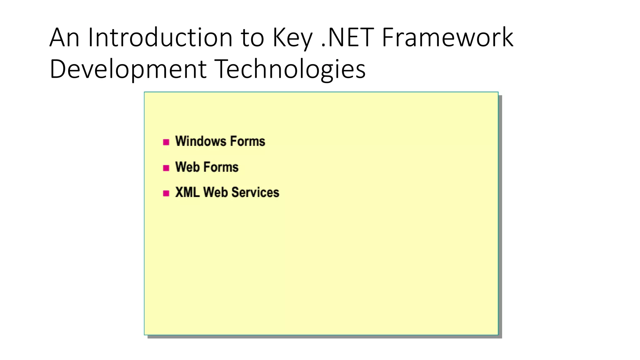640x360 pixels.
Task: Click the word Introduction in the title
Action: tap(160, 37)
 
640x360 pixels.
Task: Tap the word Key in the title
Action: tap(292, 38)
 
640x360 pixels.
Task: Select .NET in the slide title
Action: tap(347, 37)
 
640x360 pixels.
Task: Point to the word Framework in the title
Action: tap(447, 37)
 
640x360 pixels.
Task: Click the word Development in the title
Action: tap(128, 69)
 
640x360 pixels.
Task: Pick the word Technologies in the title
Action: tap(290, 69)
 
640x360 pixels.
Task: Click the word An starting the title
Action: tap(64, 37)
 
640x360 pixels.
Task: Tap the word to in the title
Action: tap(252, 38)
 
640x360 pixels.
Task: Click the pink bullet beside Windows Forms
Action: tap(166, 142)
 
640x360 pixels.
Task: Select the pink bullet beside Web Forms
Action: tap(166, 168)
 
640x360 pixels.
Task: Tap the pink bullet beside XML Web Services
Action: tap(166, 193)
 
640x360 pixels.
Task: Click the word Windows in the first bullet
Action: tap(201, 141)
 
